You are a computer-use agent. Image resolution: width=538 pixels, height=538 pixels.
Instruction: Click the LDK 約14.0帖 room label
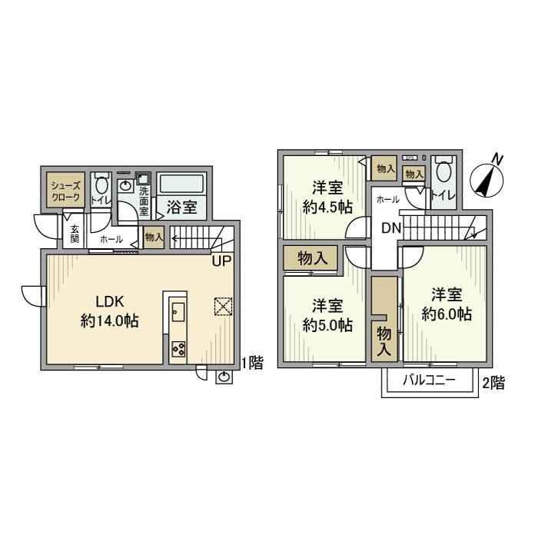click(109, 311)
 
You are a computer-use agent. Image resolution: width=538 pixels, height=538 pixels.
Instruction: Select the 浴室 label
click(182, 207)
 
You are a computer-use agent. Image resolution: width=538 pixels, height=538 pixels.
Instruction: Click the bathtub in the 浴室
click(181, 185)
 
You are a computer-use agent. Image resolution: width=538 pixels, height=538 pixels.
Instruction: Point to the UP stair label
click(221, 261)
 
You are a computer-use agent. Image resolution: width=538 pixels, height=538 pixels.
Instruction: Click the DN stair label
click(391, 228)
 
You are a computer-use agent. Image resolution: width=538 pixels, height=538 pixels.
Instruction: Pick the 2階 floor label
click(493, 383)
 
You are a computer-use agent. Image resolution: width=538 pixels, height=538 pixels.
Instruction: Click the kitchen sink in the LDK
click(178, 311)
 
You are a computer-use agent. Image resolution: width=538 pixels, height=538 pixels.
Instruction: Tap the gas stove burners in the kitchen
click(178, 349)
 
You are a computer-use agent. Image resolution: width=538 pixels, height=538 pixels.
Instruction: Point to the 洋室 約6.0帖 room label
click(447, 304)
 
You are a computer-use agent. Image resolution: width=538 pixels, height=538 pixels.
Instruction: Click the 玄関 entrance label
click(75, 233)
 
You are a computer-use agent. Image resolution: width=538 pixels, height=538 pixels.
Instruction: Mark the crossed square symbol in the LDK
click(223, 307)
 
